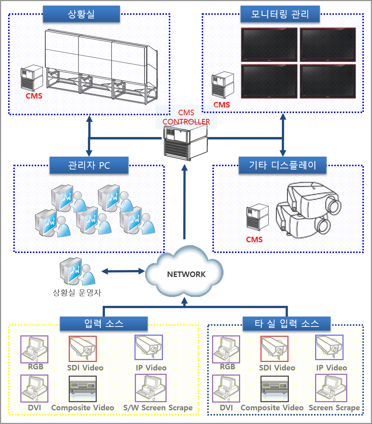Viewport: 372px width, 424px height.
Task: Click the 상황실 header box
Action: point(81,14)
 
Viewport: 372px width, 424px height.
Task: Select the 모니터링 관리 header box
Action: point(279,14)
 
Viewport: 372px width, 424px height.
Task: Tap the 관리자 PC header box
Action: point(89,165)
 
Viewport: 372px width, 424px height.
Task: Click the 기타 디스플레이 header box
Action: point(283,165)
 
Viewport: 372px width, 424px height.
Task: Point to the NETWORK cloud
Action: point(186,274)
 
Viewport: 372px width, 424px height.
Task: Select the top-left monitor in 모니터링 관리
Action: point(269,45)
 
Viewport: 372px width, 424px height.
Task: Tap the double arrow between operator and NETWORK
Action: point(123,271)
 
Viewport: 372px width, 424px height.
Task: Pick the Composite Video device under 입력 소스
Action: point(83,389)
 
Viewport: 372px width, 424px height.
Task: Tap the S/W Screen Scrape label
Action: point(158,408)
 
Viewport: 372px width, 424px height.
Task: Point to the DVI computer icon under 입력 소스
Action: point(34,389)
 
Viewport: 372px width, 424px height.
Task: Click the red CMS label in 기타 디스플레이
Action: point(254,240)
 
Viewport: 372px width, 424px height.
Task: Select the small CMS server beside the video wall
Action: point(32,78)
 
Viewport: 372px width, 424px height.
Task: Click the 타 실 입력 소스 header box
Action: point(287,324)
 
